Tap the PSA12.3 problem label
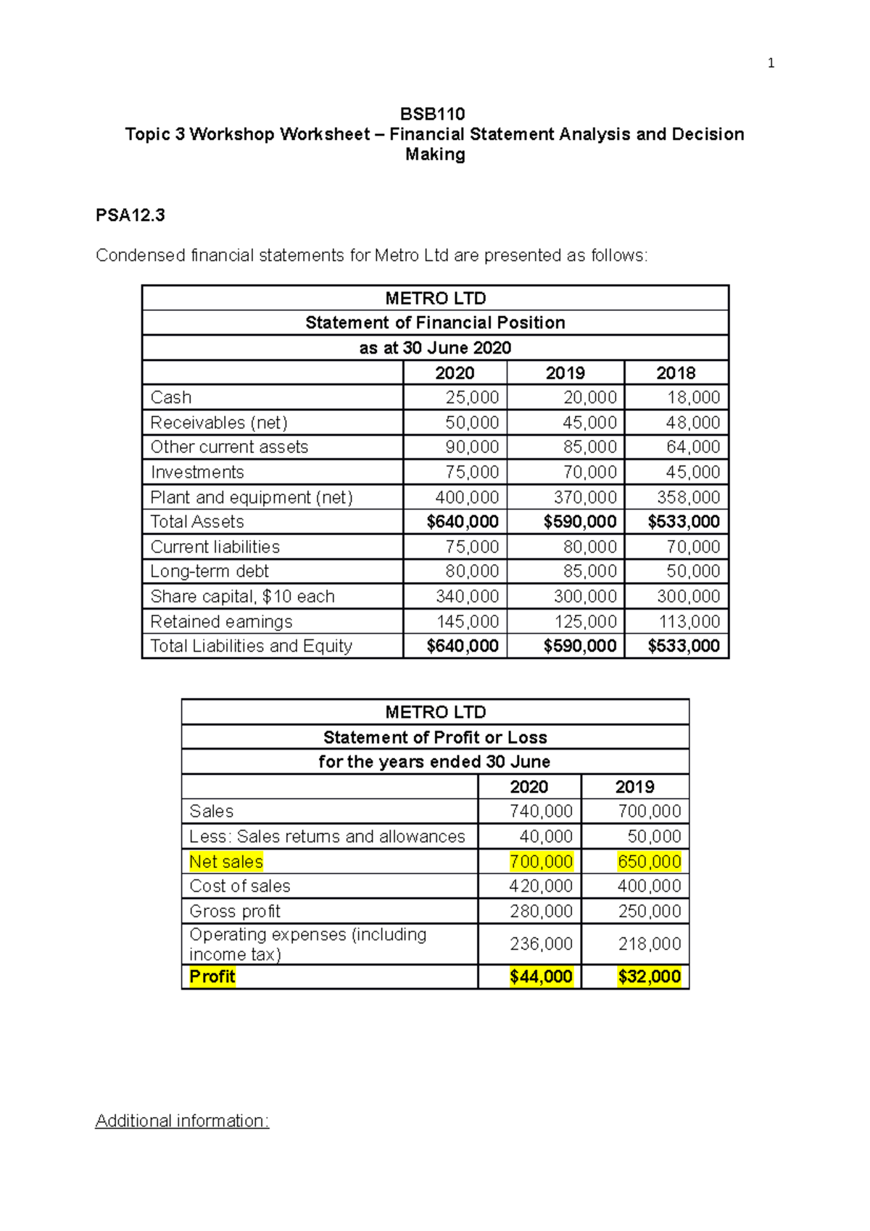130,215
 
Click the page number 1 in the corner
771,63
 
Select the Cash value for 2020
472,397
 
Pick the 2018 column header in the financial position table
676,373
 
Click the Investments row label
197,472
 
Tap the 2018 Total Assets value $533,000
684,522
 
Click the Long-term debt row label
210,571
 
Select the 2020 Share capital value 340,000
467,597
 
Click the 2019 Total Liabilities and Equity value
580,646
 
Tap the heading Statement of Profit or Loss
435,737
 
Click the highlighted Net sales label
226,861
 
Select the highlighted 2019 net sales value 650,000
649,861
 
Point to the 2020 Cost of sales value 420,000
541,886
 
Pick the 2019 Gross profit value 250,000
649,911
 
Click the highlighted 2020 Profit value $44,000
541,977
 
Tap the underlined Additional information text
182,1121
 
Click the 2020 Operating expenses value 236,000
541,944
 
